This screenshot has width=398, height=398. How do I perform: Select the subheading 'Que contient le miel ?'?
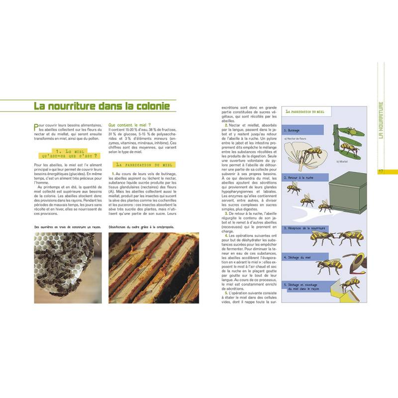pyautogui.click(x=129, y=125)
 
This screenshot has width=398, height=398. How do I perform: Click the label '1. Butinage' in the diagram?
pyautogui.click(x=294, y=130)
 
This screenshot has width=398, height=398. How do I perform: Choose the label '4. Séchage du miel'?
pyautogui.click(x=299, y=257)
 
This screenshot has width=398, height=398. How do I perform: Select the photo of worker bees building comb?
pyautogui.click(x=67, y=268)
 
